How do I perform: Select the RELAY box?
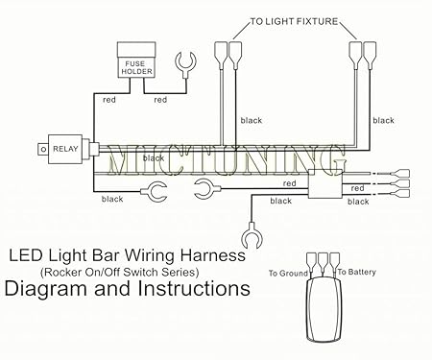68,149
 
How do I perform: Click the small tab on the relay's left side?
40,149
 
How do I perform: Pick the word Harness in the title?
216,256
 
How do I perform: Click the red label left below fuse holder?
107,99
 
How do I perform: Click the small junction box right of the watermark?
326,187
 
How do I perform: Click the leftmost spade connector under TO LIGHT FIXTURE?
223,52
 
